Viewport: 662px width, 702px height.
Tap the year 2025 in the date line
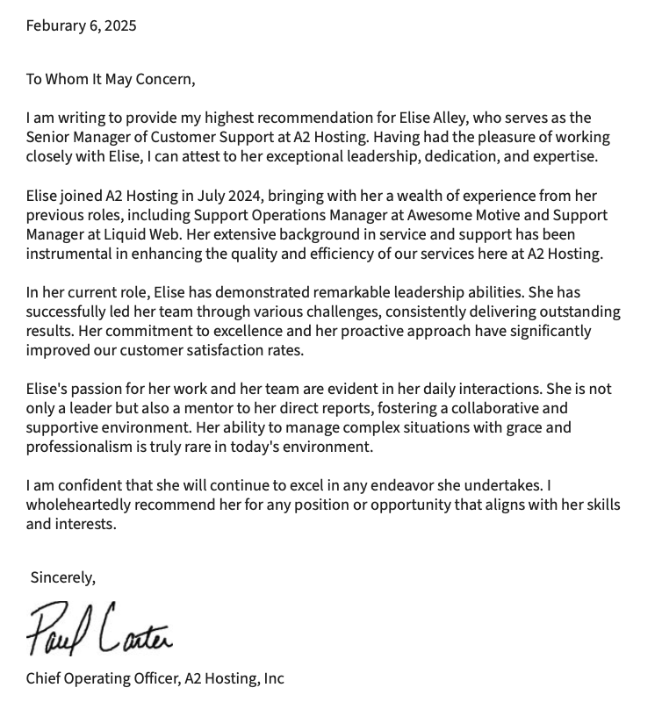pos(120,25)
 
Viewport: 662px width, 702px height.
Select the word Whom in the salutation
pos(68,79)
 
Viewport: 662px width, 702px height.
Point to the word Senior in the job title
pos(48,137)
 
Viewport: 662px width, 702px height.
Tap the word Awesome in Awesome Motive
pos(438,215)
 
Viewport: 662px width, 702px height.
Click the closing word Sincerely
pos(62,577)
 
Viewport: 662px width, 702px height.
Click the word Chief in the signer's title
pos(45,678)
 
